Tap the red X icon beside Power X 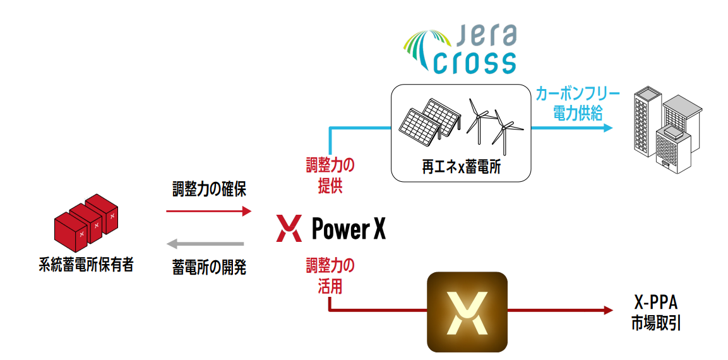click(289, 228)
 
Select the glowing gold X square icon click(467, 311)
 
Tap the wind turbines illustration click(493, 123)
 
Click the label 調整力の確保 click(209, 189)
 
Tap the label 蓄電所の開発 click(209, 268)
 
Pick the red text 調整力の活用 click(330, 276)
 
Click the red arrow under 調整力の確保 click(209, 212)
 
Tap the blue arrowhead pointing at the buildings click(608, 128)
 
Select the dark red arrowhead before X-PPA click(608, 310)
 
